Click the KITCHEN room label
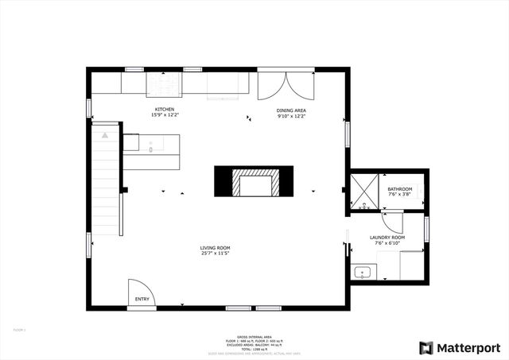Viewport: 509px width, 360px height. pyautogui.click(x=165, y=109)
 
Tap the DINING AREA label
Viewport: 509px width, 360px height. pyautogui.click(x=291, y=110)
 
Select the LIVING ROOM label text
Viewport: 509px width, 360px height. pyautogui.click(x=215, y=248)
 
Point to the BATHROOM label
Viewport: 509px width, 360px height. pyautogui.click(x=400, y=188)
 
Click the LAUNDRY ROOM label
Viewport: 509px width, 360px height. pyautogui.click(x=387, y=238)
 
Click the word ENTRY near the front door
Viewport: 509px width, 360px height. pyautogui.click(x=142, y=299)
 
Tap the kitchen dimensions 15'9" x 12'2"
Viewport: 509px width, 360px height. pyautogui.click(x=165, y=115)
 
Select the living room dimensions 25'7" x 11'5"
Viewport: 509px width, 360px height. pyautogui.click(x=215, y=254)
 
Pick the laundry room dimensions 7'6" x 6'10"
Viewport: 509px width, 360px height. pyautogui.click(x=387, y=243)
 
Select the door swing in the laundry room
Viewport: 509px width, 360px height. pyautogui.click(x=393, y=222)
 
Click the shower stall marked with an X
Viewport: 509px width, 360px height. pyautogui.click(x=363, y=192)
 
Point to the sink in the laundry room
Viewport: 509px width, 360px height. pyautogui.click(x=363, y=273)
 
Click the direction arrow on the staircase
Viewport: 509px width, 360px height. pyautogui.click(x=105, y=136)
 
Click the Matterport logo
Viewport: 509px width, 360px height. pyautogui.click(x=460, y=347)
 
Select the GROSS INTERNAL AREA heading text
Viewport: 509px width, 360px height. pyautogui.click(x=254, y=336)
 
